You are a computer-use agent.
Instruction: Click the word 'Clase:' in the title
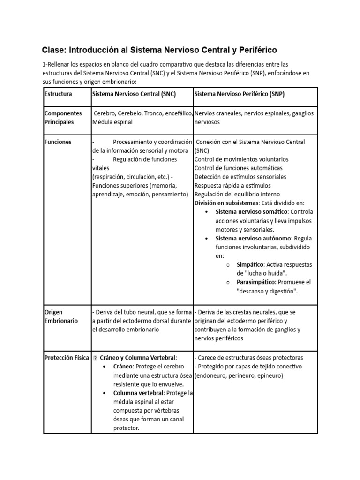(x=55, y=50)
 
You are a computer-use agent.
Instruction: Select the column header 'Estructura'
(x=58, y=94)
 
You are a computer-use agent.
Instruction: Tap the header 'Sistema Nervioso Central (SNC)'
(x=134, y=94)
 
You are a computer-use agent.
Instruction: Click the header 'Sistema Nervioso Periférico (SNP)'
(x=239, y=94)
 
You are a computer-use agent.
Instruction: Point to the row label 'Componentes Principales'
(x=63, y=118)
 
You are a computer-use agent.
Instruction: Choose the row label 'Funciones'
(x=58, y=142)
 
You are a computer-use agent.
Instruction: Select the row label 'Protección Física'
(x=66, y=357)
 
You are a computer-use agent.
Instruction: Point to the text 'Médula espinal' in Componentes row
(x=112, y=122)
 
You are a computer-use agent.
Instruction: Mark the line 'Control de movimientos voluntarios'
(x=241, y=159)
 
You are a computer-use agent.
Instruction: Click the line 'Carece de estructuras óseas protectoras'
(x=248, y=357)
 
